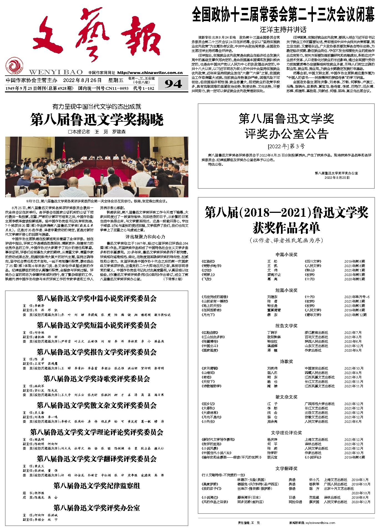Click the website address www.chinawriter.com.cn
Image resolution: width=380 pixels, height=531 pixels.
pos(150,73)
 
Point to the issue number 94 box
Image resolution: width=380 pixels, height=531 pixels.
pos(173,84)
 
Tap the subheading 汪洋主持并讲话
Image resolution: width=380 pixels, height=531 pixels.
pos(283,30)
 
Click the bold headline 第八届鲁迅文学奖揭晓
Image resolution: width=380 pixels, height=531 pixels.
pos(97,120)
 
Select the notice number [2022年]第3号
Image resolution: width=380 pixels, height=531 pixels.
pos(286,146)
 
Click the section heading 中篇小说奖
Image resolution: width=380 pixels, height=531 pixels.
pos(286,254)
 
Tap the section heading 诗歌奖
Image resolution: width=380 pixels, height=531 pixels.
pos(286,361)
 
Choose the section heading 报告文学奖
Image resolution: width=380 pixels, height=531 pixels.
pos(286,326)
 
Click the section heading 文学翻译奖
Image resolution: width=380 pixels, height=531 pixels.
pos(286,468)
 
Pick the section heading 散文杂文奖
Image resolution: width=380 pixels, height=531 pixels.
pos(286,397)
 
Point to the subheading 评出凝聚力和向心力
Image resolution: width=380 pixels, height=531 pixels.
pos(145,237)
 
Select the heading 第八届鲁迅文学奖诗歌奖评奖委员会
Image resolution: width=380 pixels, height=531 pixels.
pos(97,379)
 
